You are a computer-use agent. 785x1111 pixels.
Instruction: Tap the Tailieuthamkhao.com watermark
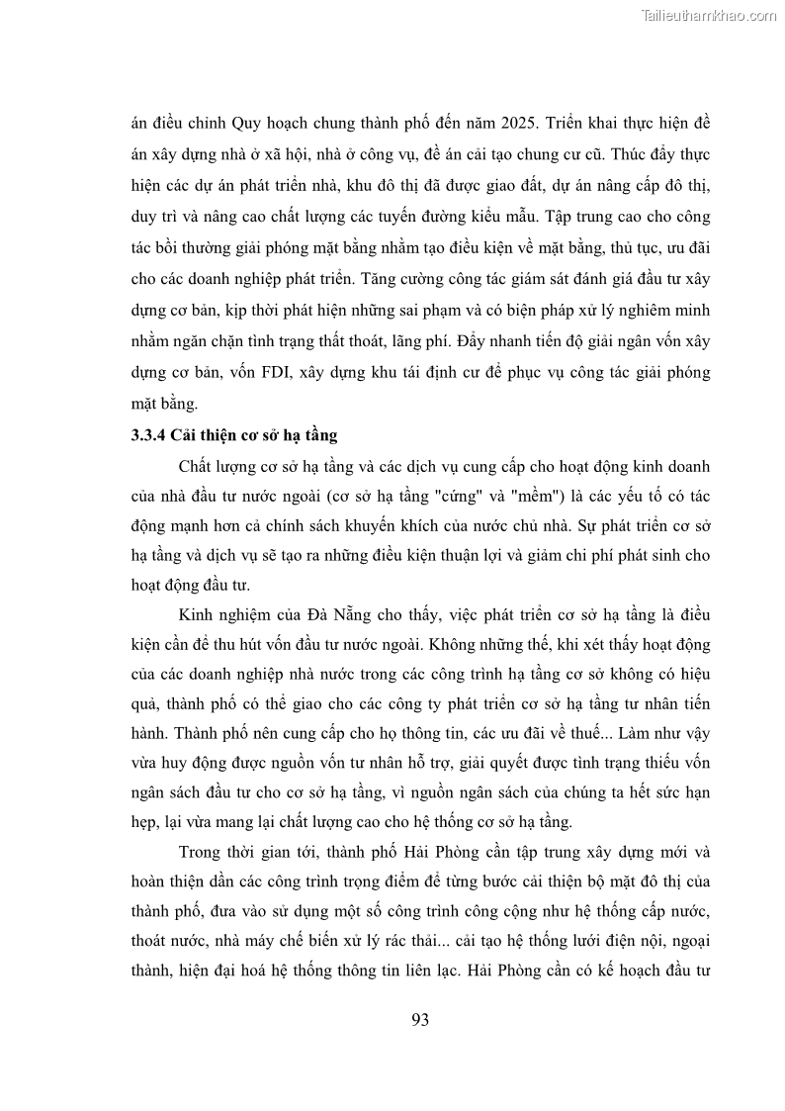(x=709, y=15)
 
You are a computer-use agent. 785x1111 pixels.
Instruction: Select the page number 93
(x=419, y=1020)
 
